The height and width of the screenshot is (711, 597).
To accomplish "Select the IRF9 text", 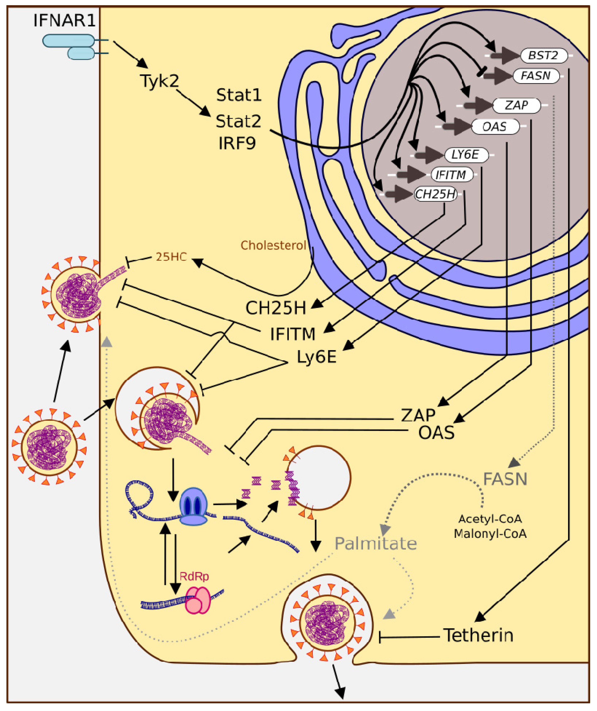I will [x=237, y=143].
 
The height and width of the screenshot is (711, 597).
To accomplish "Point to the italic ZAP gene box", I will [x=516, y=105].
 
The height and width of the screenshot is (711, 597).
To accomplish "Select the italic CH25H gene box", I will [x=435, y=194].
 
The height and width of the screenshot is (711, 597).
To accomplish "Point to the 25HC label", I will [x=171, y=257].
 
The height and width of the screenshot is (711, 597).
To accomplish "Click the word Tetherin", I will [x=478, y=635].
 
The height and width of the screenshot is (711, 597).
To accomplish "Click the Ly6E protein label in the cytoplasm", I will [x=316, y=357].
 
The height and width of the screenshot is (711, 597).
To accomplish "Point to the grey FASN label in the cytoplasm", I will [x=505, y=479].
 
